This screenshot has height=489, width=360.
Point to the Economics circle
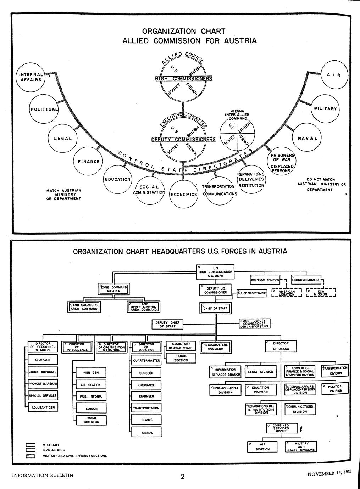point(184,194)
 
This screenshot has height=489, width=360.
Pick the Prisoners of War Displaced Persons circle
point(282,163)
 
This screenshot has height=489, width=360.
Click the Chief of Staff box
point(215,308)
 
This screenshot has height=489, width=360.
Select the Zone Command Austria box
point(112,289)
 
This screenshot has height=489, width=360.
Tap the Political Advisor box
point(265,280)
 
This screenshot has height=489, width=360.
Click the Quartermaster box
point(146,361)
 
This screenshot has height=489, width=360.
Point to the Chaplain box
point(43,360)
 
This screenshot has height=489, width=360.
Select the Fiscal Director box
point(92,420)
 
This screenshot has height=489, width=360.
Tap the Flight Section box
point(181,358)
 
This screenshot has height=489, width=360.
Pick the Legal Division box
point(261,372)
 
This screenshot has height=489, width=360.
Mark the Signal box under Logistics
point(146,432)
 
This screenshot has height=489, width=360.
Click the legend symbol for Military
point(31,445)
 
